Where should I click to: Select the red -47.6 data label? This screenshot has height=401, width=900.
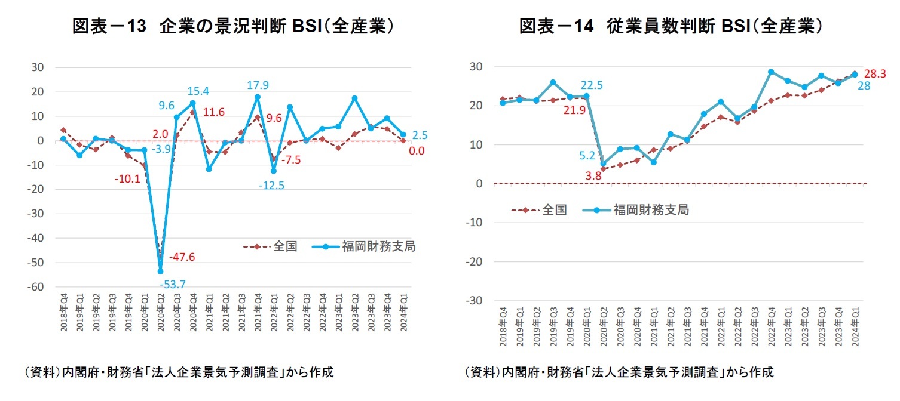pos(182,257)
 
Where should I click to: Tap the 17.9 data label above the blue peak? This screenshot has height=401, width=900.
pos(258,85)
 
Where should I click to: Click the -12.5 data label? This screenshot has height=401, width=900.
pos(271,186)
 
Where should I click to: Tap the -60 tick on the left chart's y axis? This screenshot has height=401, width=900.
pos(36,287)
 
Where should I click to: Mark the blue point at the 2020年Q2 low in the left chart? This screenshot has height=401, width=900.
pos(160,272)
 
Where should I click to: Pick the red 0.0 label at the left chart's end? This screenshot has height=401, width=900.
pos(417,151)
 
